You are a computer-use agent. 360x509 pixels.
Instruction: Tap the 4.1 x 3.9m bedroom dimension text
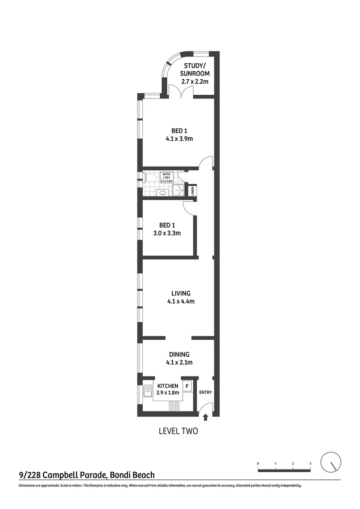[x=180, y=139]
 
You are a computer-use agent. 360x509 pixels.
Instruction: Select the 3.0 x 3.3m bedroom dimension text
[x=167, y=233]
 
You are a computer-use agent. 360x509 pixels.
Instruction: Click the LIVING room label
[x=180, y=293]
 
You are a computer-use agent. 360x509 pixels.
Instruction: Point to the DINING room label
[x=179, y=354]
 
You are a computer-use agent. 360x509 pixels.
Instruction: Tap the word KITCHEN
[x=167, y=386]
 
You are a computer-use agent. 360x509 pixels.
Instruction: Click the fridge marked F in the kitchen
[x=187, y=386]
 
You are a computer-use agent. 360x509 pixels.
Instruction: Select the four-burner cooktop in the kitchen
[x=174, y=405]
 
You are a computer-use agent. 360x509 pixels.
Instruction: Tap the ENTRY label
[x=206, y=392]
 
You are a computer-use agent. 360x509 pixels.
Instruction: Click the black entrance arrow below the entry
[x=205, y=417]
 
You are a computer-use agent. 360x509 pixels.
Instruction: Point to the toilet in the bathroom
[x=150, y=177]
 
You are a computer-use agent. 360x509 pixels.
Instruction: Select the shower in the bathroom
[x=179, y=190]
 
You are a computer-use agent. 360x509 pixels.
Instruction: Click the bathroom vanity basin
[x=163, y=192]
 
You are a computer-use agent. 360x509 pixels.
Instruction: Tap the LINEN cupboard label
[x=192, y=191]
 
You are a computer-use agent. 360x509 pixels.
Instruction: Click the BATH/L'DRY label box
[x=167, y=177]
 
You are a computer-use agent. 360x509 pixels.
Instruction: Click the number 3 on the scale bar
[x=310, y=464]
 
